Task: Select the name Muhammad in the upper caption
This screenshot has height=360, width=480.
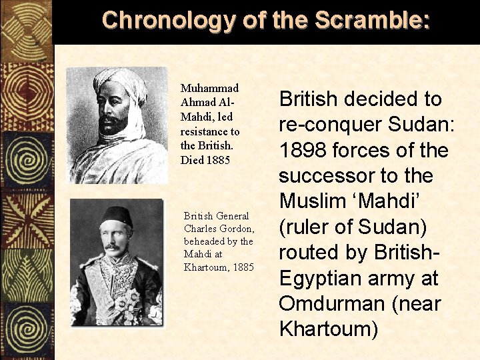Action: click(210, 88)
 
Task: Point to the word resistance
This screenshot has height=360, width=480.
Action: click(209, 132)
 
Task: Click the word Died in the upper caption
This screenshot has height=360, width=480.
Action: click(192, 160)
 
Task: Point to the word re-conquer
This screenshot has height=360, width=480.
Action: click(329, 125)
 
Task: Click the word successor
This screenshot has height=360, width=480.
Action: click(321, 177)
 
